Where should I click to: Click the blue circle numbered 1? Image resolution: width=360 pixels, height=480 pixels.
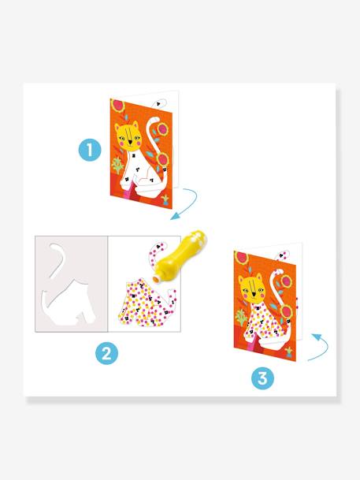tap(90, 151)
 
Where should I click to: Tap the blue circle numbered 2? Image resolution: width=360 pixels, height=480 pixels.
tap(106, 353)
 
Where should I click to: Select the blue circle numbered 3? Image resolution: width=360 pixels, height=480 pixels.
tap(262, 378)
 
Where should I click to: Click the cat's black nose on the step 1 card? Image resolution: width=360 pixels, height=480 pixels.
tap(130, 143)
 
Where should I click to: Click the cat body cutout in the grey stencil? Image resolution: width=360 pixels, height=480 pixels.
tap(69, 303)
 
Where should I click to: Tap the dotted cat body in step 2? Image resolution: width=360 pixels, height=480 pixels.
tap(147, 303)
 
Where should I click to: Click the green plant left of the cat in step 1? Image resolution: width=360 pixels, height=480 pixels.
tap(117, 166)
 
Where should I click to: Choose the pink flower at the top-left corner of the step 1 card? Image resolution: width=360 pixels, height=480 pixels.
tap(117, 105)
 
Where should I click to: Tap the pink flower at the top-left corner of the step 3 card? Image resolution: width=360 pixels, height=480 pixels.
tap(242, 258)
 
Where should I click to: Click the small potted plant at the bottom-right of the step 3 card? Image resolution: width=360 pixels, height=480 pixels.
tap(289, 352)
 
